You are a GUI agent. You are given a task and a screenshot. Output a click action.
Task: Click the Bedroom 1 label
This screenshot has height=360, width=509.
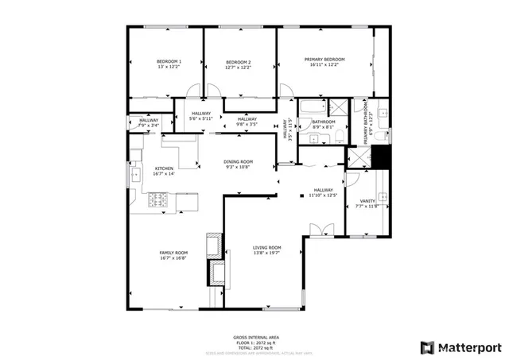pyautogui.click(x=169, y=62)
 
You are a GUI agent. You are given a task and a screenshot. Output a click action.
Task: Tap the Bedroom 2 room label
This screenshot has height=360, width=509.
pyautogui.click(x=238, y=63)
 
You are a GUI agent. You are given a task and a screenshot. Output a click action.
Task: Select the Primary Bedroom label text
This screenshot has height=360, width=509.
pyautogui.click(x=324, y=60)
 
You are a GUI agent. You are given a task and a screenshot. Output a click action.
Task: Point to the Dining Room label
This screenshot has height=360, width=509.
pyautogui.click(x=238, y=162)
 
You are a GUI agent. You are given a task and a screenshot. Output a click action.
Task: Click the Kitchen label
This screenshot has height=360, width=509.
pyautogui.click(x=164, y=168)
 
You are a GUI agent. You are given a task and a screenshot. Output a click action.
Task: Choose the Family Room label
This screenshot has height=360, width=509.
pyautogui.click(x=173, y=253)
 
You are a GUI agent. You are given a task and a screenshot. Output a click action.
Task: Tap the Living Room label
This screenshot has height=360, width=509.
pyautogui.click(x=267, y=248)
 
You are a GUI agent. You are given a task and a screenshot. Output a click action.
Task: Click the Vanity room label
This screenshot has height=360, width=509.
pyautogui.click(x=367, y=201)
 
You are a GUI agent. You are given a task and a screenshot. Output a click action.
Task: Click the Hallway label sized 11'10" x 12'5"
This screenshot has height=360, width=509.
pyautogui.click(x=323, y=190)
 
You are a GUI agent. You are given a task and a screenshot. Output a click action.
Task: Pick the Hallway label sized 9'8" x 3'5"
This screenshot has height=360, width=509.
pyautogui.click(x=247, y=119)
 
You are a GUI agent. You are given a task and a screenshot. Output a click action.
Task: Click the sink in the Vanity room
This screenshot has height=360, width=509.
pyautogui.click(x=383, y=197)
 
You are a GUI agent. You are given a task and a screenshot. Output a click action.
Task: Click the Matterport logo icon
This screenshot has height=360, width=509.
pyautogui.click(x=427, y=346)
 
